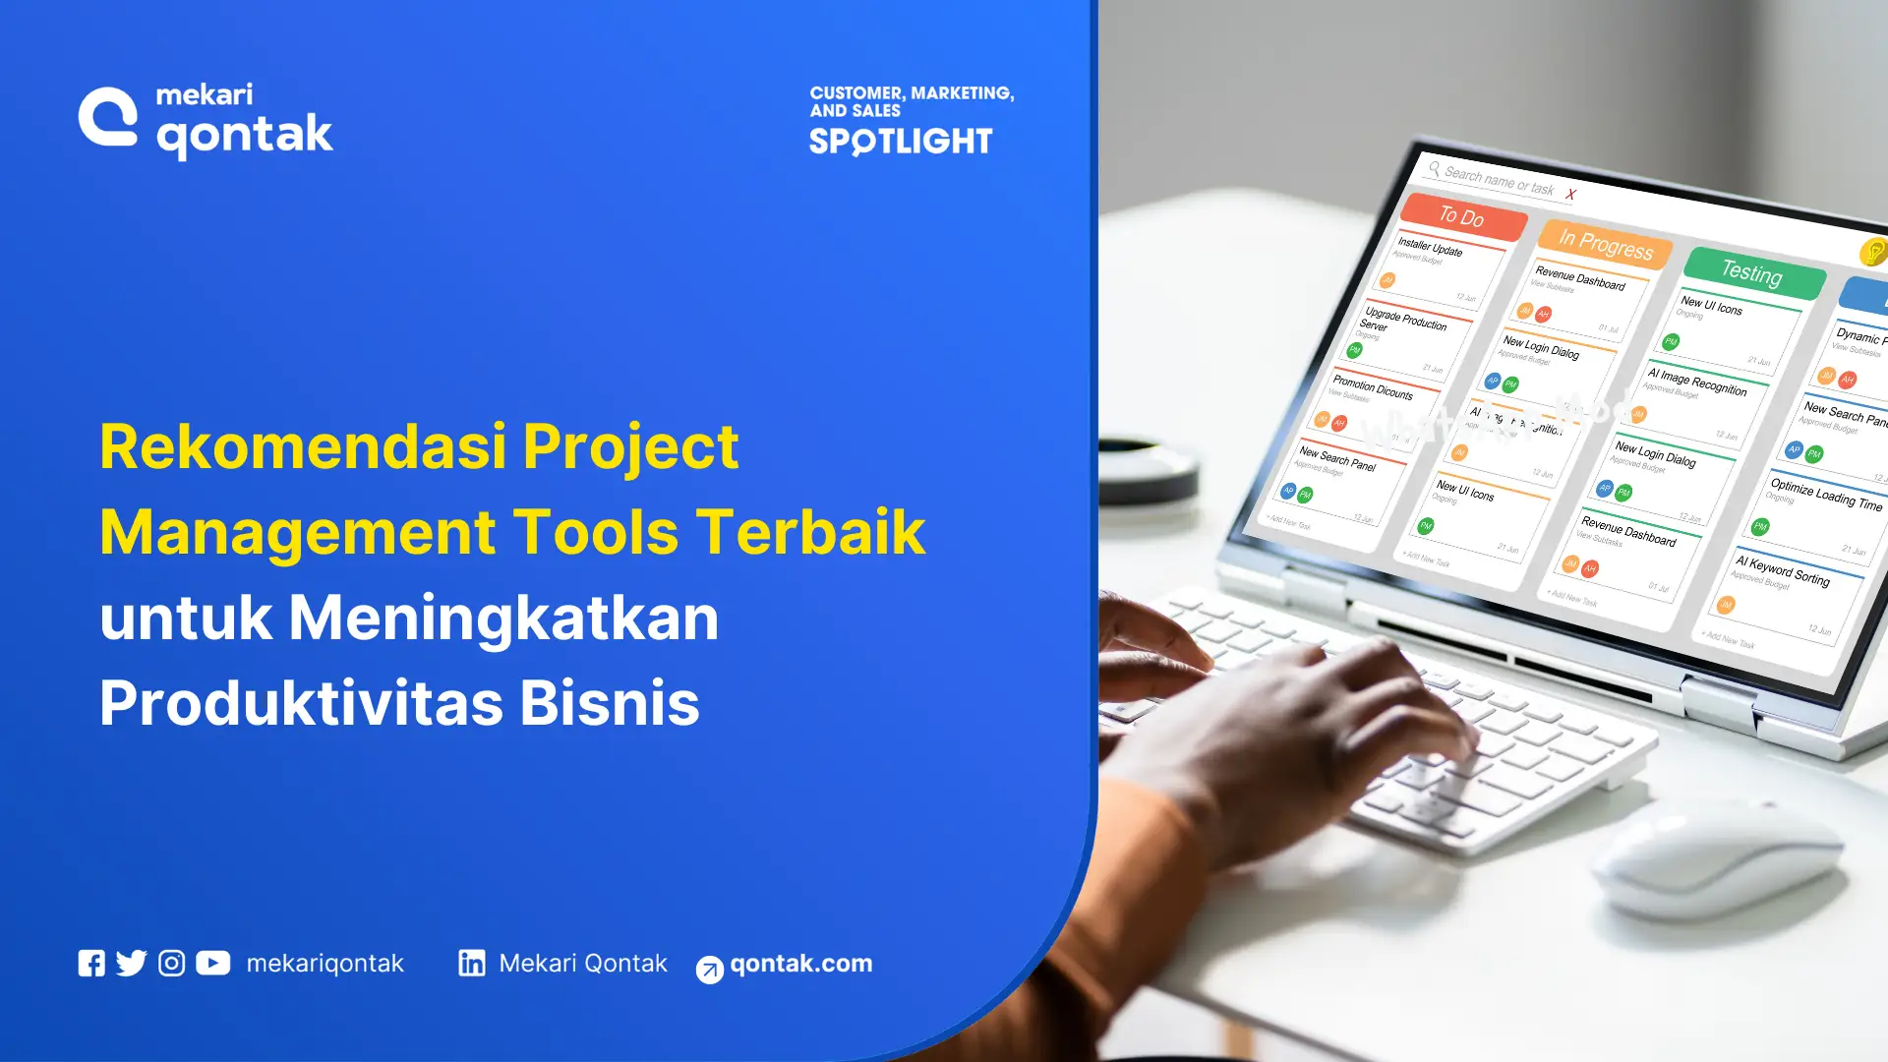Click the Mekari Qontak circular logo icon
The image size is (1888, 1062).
[108, 117]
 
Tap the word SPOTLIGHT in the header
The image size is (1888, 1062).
[901, 142]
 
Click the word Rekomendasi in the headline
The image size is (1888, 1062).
[304, 447]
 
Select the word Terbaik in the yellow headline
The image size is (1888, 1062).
[811, 533]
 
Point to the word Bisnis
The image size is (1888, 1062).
[610, 704]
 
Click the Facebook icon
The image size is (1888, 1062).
[91, 964]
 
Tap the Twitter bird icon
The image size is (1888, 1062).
[131, 964]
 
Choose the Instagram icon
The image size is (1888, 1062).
[171, 964]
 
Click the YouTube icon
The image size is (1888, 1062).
[212, 964]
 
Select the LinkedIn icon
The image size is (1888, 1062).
[472, 964]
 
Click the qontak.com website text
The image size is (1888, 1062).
[800, 964]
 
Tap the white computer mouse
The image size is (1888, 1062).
[1716, 865]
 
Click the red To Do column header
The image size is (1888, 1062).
[1462, 216]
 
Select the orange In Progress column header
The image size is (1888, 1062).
[1606, 243]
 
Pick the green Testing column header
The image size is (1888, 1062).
[1752, 271]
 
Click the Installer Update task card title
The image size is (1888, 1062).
[1430, 246]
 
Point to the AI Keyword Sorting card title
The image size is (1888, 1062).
[1783, 570]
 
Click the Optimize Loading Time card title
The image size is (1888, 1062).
[1826, 494]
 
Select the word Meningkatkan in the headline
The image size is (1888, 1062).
[503, 619]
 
